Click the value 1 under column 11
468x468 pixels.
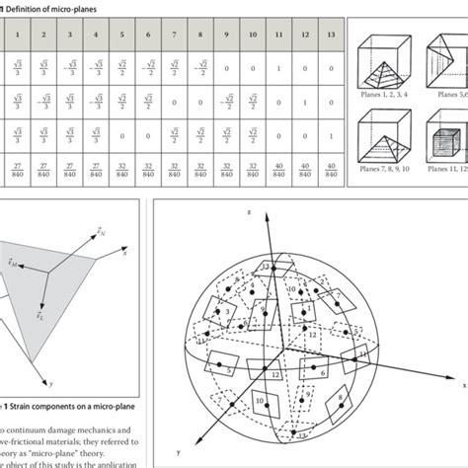[x=277, y=67]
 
